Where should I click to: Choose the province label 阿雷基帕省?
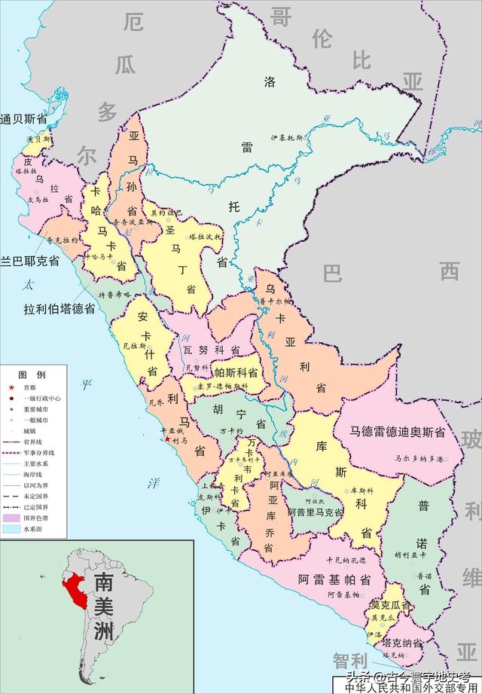pos(333,579)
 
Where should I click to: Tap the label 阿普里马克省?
pos(315,512)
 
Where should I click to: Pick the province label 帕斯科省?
pos(236,372)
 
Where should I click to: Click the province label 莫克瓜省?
pos(390,604)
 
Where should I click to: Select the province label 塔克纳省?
pos(401,644)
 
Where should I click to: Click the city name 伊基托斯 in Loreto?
pos(288,139)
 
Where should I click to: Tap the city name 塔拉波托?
pos(205,237)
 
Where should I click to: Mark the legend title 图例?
pos(32,375)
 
